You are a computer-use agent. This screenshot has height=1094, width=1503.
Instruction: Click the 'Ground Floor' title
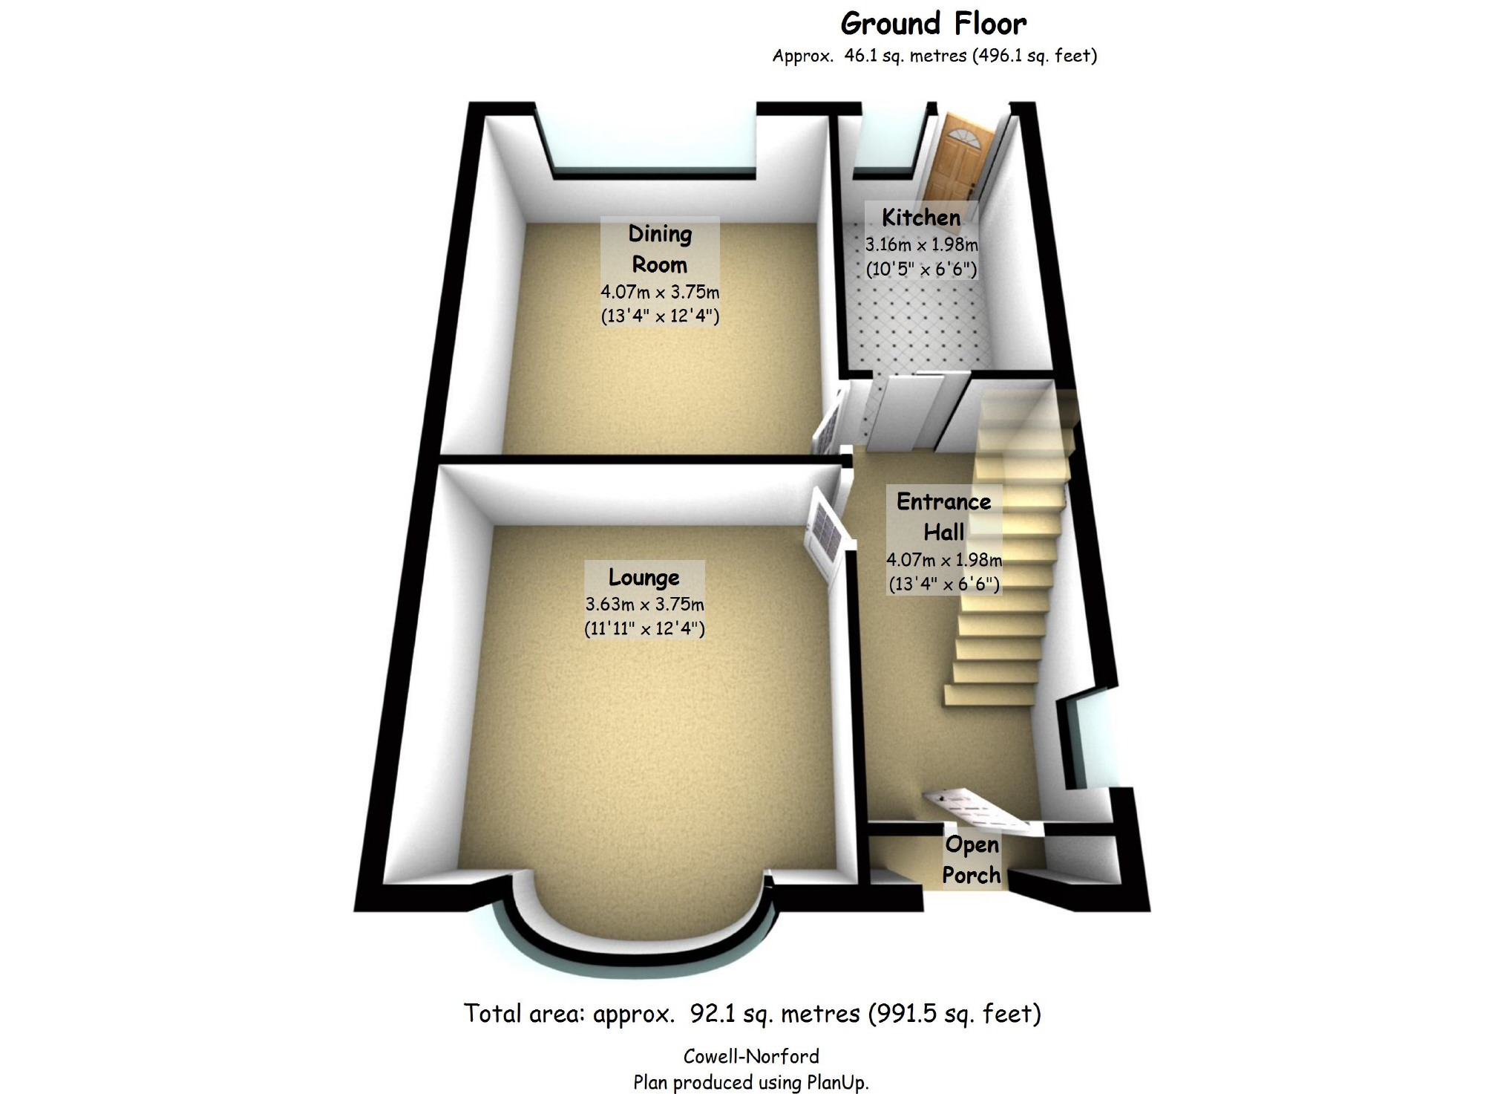(934, 24)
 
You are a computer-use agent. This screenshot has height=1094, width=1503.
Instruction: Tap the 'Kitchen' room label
(921, 218)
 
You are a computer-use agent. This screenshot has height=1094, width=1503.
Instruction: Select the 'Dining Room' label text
(659, 250)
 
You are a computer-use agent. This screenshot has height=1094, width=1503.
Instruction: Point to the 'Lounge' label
(644, 577)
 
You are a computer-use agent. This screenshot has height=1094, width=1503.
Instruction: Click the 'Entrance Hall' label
(943, 517)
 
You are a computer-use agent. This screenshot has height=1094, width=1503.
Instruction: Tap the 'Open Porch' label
(972, 860)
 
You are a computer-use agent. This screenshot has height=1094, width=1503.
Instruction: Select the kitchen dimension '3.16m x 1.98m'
(921, 244)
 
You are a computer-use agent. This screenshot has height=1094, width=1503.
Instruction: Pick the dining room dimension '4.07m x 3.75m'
(660, 292)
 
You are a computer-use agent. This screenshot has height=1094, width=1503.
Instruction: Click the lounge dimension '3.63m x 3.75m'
(644, 604)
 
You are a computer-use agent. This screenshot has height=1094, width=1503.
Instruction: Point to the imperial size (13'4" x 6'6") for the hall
(944, 585)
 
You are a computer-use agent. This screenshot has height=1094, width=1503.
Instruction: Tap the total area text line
(752, 1013)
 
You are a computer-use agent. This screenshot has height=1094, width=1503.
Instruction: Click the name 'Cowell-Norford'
(751, 1056)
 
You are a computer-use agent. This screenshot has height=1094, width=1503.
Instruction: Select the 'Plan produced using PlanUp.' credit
(751, 1082)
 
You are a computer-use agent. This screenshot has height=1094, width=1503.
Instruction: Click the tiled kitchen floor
(920, 327)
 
